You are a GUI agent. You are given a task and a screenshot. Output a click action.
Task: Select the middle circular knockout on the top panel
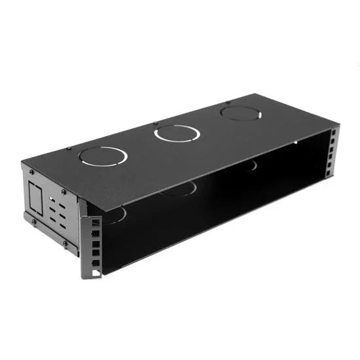point(177,134)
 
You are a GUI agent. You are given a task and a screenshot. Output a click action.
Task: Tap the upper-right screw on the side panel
point(63,192)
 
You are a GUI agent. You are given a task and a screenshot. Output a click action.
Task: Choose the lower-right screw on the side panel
point(65,243)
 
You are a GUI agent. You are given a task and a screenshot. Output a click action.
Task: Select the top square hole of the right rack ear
point(333,134)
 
